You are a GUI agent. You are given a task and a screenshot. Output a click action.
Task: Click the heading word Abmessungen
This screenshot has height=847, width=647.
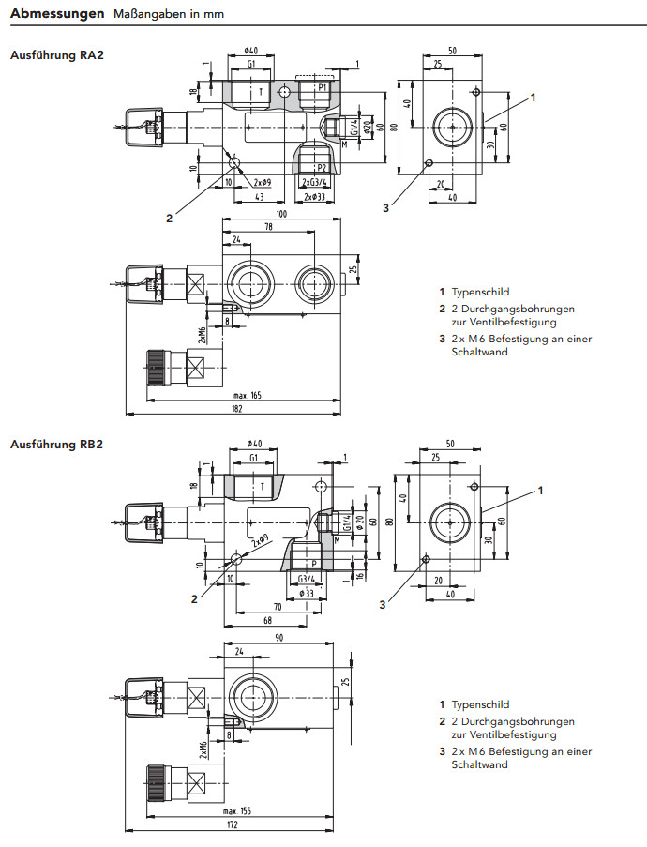tap(56, 15)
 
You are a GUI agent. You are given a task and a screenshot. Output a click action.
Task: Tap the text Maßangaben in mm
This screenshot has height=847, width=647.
tap(168, 16)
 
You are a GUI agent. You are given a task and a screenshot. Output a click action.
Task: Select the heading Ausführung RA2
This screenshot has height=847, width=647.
tap(56, 55)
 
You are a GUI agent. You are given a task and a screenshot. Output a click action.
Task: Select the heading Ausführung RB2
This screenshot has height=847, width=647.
tap(56, 444)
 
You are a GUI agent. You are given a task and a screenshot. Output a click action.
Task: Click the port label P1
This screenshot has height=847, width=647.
tap(322, 87)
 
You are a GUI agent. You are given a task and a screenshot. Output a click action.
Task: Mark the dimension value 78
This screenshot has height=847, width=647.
tap(270, 227)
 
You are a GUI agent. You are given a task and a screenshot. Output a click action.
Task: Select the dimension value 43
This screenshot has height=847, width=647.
tap(258, 197)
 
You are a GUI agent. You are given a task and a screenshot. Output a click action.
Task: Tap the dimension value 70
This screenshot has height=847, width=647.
tap(278, 608)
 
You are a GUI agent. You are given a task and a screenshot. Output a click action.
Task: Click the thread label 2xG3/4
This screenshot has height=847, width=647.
tap(314, 182)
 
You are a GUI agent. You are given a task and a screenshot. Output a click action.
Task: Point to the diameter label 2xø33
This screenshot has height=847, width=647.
tap(314, 197)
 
